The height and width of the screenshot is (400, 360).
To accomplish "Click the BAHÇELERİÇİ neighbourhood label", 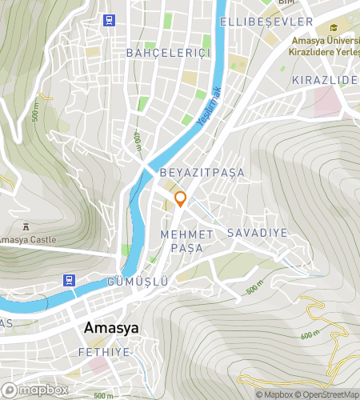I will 168,53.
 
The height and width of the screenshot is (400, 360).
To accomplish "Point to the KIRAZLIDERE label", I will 325,81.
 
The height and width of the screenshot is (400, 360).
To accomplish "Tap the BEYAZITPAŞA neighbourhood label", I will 202,172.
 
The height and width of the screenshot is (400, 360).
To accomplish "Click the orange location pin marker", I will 181,199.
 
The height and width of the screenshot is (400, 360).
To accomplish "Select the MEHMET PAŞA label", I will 187,241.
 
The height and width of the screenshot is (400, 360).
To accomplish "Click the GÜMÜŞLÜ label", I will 138,282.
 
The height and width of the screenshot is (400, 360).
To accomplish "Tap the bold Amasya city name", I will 112,328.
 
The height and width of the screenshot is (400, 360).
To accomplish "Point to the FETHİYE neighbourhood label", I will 104,352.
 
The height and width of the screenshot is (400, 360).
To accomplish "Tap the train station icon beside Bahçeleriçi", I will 108,21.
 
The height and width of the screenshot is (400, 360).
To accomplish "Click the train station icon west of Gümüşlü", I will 70,280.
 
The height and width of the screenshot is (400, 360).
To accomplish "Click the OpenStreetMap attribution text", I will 328,394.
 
